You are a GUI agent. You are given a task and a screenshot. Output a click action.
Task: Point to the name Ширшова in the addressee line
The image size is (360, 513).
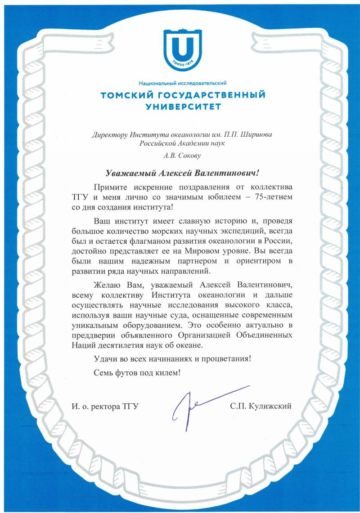[258, 134]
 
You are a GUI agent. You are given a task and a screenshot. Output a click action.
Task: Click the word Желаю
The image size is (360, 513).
[107, 285]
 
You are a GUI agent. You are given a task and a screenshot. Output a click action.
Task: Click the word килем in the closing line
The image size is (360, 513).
[169, 373]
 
